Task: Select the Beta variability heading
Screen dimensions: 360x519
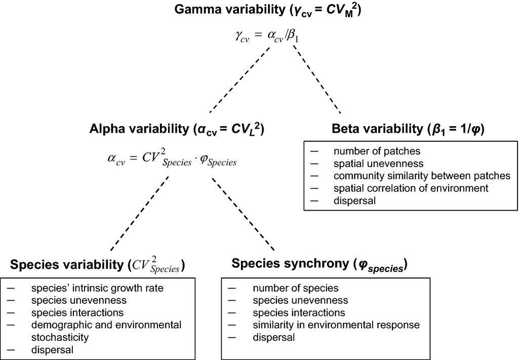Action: coord(408,129)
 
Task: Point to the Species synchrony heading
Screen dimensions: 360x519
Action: coord(320,264)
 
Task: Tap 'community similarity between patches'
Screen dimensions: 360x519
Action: coord(421,176)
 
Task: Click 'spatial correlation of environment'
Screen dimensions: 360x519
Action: coord(410,188)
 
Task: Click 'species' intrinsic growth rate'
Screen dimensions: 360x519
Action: coord(98,289)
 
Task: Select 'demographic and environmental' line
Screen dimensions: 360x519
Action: coord(106,325)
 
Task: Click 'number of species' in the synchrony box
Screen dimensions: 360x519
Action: coord(296,289)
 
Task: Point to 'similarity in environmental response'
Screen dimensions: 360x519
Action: coord(336,325)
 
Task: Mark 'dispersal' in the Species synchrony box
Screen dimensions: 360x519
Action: coord(273,337)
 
